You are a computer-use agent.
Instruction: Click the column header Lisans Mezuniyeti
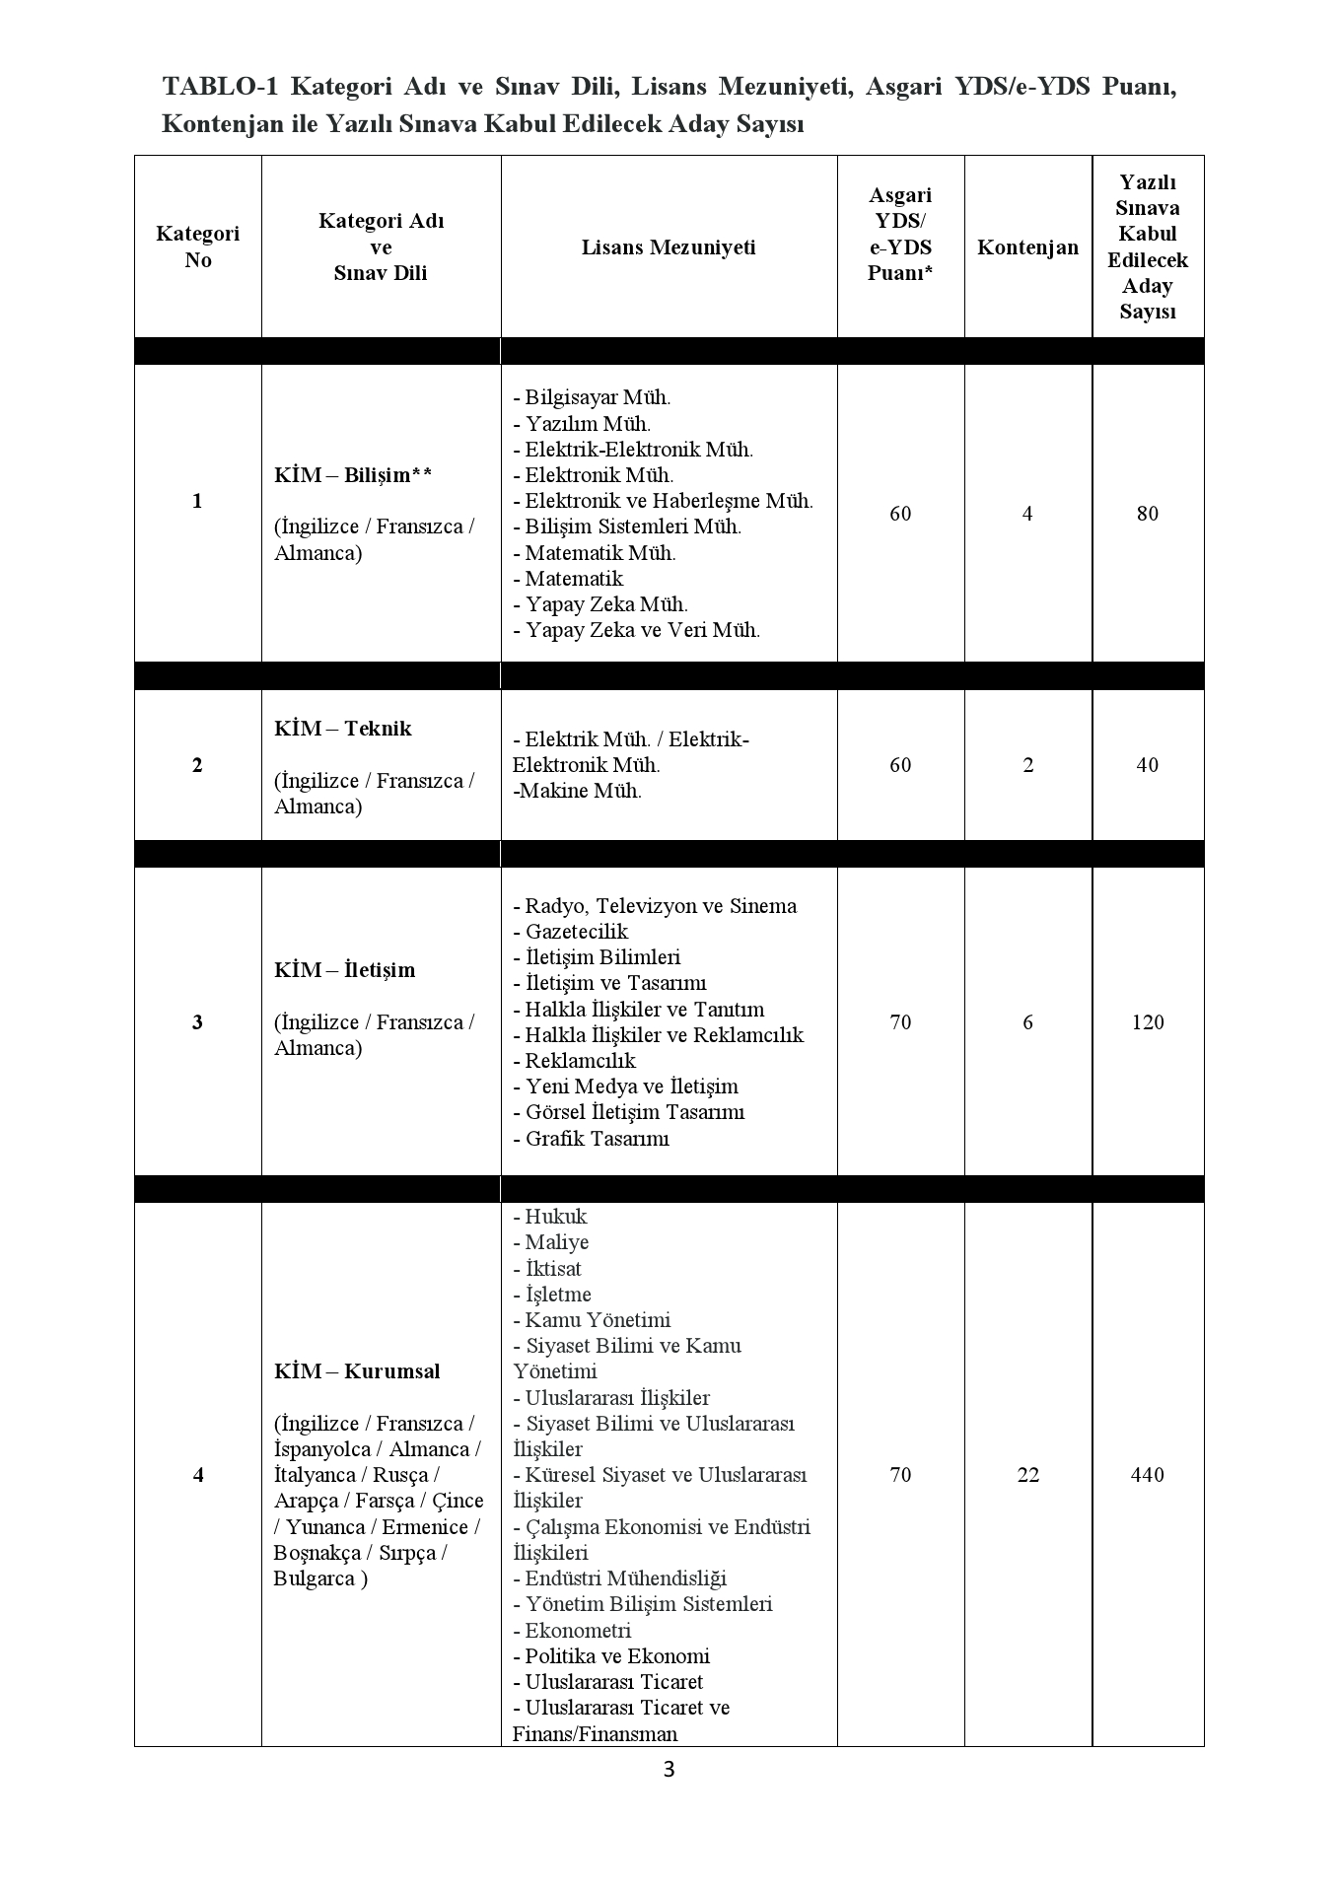tap(669, 247)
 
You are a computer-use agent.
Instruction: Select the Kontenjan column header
tap(1027, 247)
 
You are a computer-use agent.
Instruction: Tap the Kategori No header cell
tap(197, 247)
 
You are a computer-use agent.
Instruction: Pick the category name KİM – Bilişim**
tap(353, 475)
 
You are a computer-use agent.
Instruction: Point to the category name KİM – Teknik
tap(343, 729)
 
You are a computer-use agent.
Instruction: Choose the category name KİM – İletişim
tap(345, 970)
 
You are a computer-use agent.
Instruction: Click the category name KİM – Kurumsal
tap(357, 1371)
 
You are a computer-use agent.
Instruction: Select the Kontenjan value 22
tap(1027, 1475)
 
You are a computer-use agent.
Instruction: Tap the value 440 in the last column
tap(1148, 1475)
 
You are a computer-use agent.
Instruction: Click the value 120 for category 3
tap(1148, 1022)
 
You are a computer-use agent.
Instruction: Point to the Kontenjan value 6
tap(1027, 1022)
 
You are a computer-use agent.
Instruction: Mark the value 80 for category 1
tap(1148, 514)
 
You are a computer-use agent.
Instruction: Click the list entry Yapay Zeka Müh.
tap(605, 604)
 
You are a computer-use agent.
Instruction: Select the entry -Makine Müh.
tap(578, 791)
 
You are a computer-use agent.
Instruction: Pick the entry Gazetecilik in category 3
tap(576, 932)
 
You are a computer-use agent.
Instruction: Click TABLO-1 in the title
tap(220, 87)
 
